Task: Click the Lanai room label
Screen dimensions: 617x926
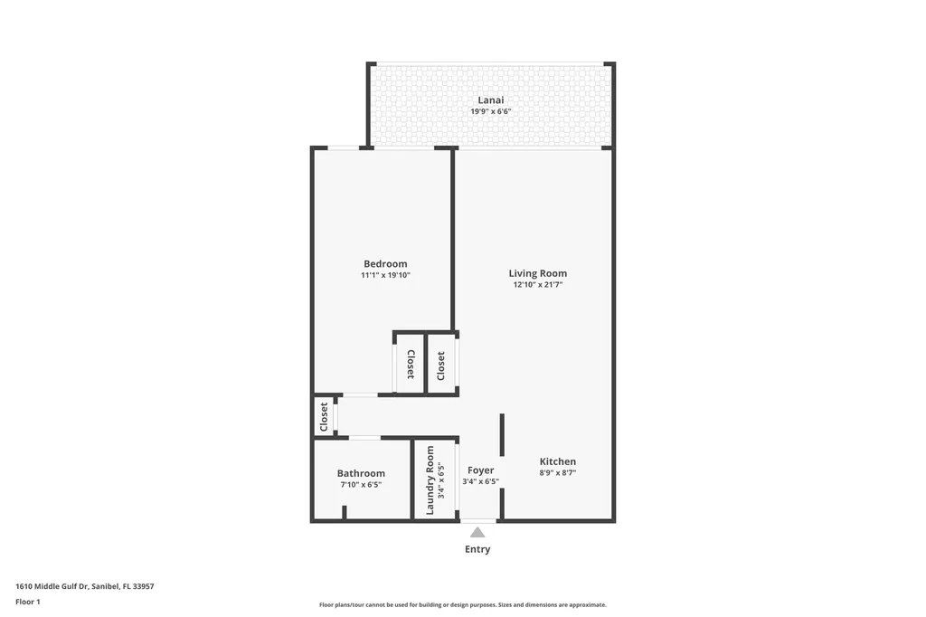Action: coord(491,100)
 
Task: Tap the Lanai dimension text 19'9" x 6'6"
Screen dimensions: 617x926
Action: coord(491,111)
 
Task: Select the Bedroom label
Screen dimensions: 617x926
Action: coord(385,264)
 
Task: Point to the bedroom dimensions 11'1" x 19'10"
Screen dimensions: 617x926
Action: coord(385,275)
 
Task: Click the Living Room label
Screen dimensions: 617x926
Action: coord(537,273)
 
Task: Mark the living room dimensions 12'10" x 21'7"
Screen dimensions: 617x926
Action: coord(537,285)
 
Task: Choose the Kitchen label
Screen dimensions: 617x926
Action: coord(558,461)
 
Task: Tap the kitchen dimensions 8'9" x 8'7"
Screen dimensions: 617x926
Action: coord(558,472)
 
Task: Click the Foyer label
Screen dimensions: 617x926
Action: coord(481,470)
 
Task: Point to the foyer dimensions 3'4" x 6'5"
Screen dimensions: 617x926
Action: coord(481,481)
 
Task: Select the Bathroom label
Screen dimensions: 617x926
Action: coord(361,473)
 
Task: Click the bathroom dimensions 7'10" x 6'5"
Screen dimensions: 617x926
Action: coord(361,484)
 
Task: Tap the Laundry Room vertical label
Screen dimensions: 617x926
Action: coord(430,480)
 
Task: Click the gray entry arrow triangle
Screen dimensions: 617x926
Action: coord(477,532)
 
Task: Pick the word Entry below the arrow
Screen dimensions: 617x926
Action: coord(477,549)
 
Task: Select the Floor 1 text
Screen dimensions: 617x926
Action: coord(28,602)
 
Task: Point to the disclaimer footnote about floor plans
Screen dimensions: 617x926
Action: coord(462,604)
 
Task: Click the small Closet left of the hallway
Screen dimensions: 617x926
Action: coord(324,417)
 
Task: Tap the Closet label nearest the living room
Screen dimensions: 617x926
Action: coord(441,365)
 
